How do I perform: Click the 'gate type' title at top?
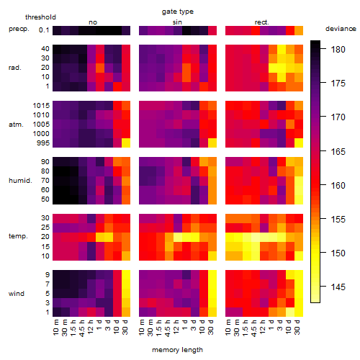(178, 12)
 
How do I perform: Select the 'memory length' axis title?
(177, 350)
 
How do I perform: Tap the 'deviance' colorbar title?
(341, 29)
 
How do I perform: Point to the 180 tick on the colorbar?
(323, 49)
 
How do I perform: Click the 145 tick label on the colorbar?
(338, 287)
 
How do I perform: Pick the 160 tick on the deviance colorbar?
(323, 185)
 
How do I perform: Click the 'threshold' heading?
(40, 17)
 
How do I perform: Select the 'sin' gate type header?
(177, 22)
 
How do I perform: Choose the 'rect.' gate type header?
(261, 22)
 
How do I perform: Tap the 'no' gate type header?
(93, 22)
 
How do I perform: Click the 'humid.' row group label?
(20, 181)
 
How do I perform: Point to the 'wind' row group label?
(17, 294)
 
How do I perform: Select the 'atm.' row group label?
(16, 125)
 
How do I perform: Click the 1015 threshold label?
(41, 106)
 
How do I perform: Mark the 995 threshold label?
(43, 143)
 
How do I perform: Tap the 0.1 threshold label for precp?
(44, 30)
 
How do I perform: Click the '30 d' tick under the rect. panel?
(297, 327)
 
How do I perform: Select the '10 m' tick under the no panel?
(55, 328)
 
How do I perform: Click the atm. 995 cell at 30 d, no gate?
(126, 143)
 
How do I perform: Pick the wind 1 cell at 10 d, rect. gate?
(290, 312)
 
